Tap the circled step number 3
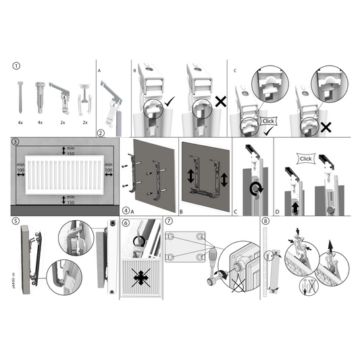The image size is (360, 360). [17, 142]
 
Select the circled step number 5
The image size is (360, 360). [17, 220]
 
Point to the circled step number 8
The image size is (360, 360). [265, 221]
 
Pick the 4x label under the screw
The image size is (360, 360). [21, 122]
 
